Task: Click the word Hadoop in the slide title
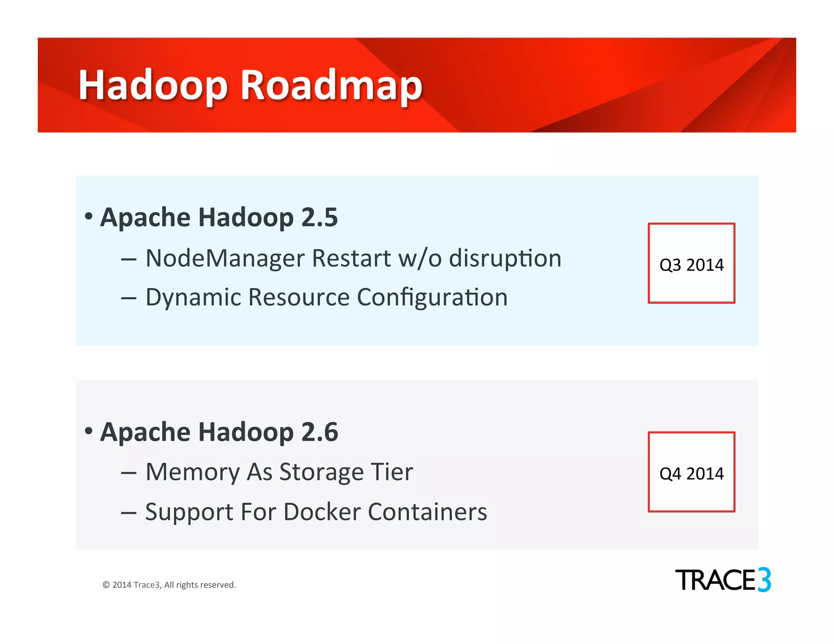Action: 153,85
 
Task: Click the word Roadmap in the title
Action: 331,85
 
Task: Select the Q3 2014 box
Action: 691,263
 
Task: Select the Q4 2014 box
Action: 691,472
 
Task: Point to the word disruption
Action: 505,258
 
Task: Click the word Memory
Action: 192,472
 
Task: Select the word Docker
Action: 322,512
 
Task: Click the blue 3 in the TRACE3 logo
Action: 764,580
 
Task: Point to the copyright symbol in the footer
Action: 106,585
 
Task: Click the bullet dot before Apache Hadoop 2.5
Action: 88,216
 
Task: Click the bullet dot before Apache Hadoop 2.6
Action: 88,430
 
